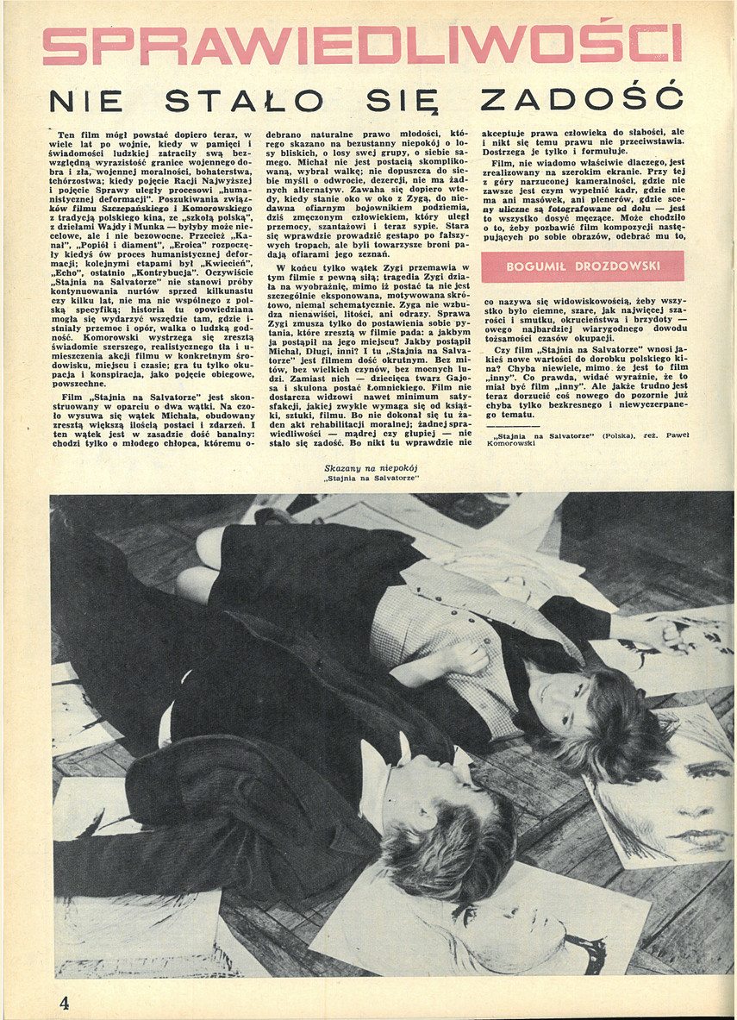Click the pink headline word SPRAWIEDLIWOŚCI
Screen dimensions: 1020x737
pos(362,45)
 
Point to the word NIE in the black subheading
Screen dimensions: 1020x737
pos(86,102)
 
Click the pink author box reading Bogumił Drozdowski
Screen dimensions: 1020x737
pos(582,266)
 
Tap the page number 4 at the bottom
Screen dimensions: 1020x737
pos(64,1002)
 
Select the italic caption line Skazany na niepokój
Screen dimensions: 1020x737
pos(371,468)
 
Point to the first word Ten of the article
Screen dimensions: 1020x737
pos(67,135)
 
